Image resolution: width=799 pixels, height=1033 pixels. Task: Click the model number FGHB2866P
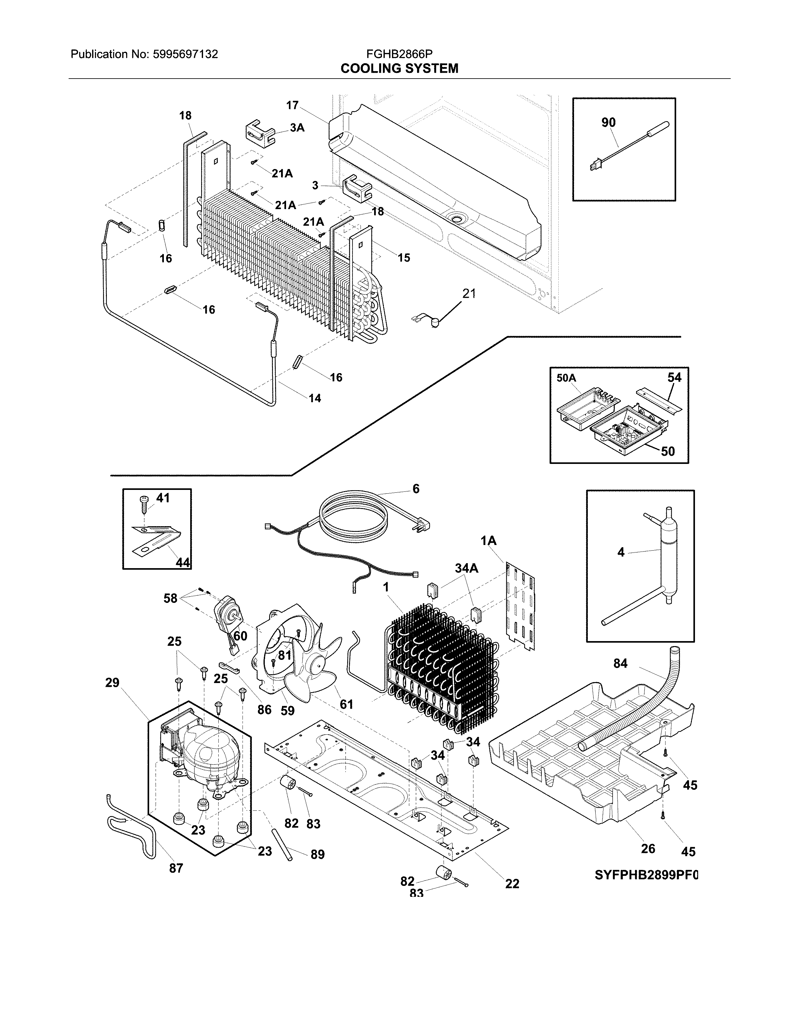point(399,54)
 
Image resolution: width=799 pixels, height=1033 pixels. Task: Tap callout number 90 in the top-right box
point(608,122)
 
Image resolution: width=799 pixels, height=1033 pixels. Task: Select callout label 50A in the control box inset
point(566,378)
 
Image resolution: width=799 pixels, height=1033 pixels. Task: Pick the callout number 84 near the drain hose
point(620,664)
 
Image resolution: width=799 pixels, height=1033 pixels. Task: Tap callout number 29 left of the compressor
point(112,682)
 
